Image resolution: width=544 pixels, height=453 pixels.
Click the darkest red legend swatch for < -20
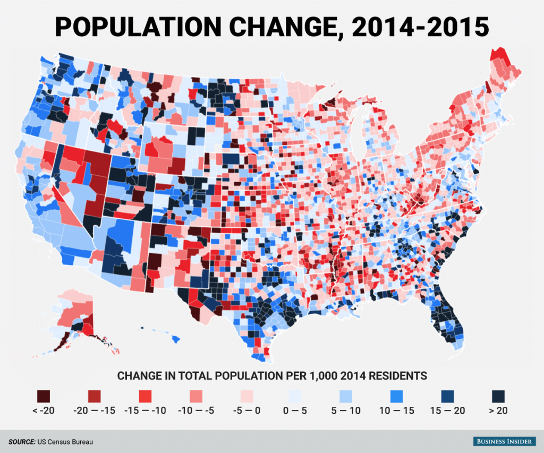[44, 396]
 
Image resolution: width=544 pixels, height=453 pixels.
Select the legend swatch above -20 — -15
[95, 396]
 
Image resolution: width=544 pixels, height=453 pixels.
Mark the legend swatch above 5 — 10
[346, 396]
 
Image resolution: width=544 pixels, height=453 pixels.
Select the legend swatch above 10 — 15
[397, 396]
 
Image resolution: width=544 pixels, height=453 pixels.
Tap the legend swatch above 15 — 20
[449, 396]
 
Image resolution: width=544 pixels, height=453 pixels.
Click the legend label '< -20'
[44, 411]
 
